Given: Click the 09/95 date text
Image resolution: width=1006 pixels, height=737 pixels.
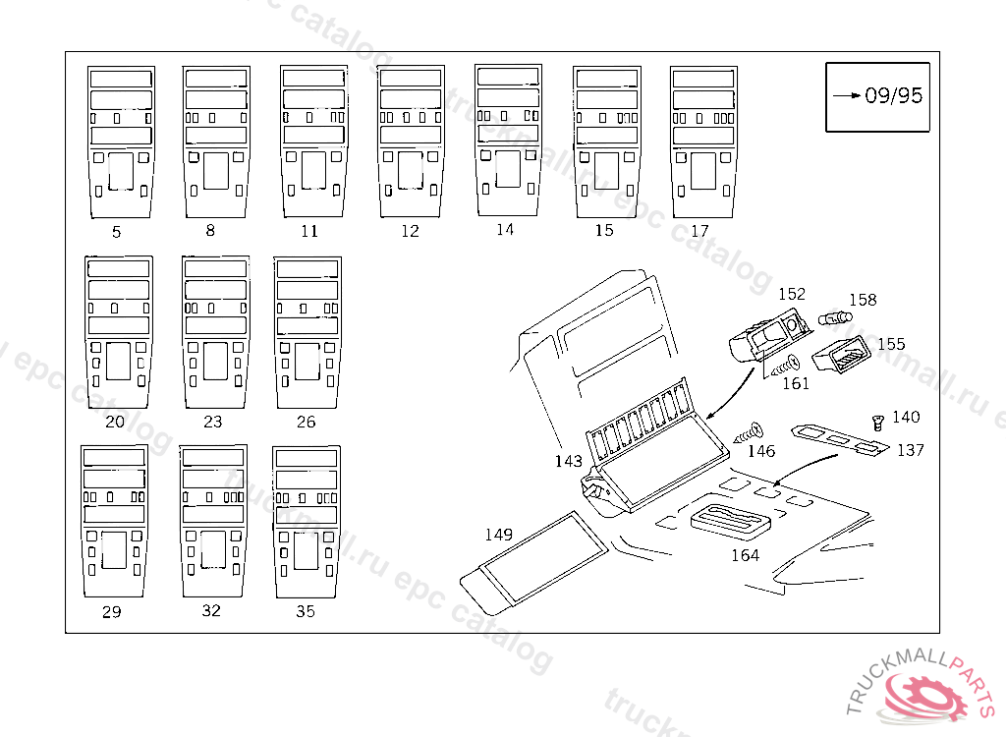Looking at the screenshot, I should (894, 95).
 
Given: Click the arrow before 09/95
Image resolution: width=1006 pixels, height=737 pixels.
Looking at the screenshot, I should (847, 95).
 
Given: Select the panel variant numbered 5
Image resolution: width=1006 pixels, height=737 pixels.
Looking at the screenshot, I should (120, 142).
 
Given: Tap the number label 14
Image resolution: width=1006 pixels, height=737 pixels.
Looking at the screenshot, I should (504, 230).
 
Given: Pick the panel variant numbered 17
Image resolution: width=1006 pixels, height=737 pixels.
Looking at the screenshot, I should (702, 142).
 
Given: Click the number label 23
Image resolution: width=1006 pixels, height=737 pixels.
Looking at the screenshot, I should (212, 422).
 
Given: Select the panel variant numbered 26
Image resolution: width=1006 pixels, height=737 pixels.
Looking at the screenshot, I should (307, 333).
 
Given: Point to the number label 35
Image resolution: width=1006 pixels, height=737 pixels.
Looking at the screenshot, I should (306, 611).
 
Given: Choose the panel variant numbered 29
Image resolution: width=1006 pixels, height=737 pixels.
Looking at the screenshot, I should (113, 521).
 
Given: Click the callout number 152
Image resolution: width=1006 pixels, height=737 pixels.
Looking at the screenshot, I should (791, 294).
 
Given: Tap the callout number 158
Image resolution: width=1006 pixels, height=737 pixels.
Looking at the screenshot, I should (863, 300).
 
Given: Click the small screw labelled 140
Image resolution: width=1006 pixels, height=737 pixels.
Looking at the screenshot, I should (878, 423).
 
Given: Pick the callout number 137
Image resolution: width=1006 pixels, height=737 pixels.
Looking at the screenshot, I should (911, 450).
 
